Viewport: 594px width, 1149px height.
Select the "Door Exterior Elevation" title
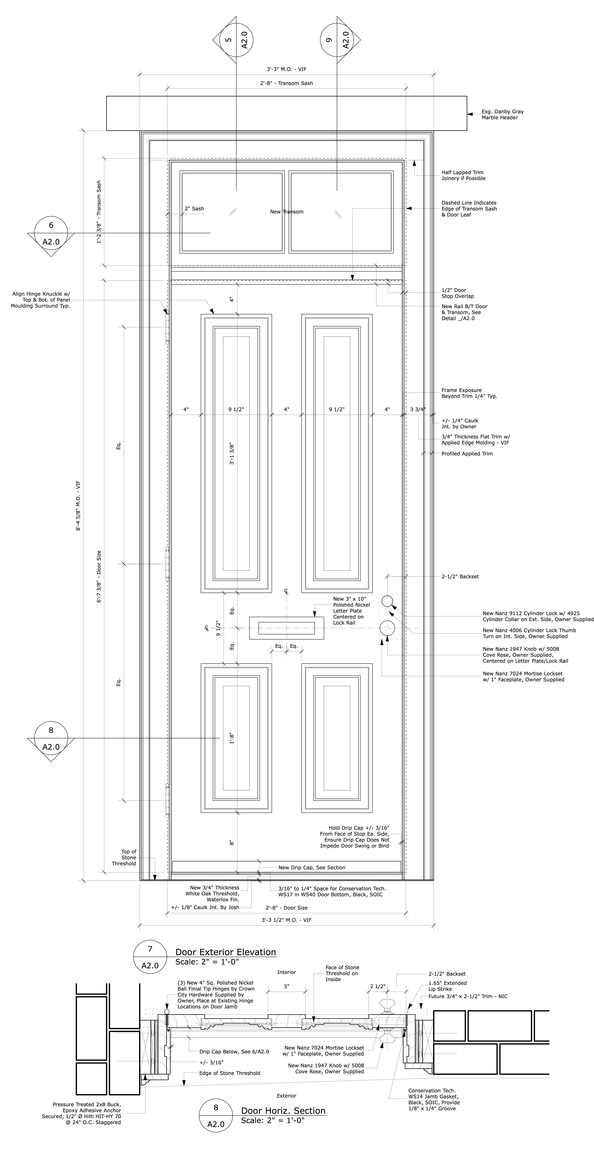226,952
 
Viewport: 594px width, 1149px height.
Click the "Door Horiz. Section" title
283,1111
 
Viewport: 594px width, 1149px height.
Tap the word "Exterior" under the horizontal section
286,1095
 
